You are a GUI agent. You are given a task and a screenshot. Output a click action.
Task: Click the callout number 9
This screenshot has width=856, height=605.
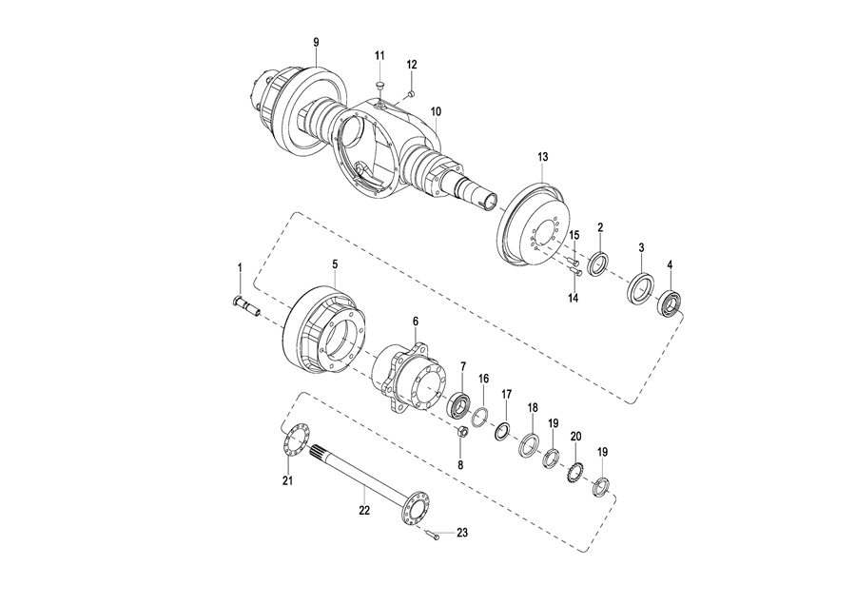coord(316,42)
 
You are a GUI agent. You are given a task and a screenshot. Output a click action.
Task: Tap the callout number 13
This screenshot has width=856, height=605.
coord(542,157)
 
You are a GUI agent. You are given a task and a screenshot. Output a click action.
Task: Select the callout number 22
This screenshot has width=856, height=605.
coord(364,511)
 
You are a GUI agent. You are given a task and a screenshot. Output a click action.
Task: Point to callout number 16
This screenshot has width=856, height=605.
coord(484,379)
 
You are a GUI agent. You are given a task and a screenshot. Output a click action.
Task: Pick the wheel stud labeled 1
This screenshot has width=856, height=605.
coord(246,304)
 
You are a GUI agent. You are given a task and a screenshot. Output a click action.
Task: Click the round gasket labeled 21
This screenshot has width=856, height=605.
coord(294,440)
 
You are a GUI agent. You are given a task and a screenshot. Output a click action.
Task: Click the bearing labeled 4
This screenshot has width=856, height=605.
coord(669,304)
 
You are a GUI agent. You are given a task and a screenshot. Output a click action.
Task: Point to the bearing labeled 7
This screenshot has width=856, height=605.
coord(459,404)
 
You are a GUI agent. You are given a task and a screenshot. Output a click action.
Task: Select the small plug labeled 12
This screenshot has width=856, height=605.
coord(412,94)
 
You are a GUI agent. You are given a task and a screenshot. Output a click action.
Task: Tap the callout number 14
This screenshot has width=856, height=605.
coord(574,298)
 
